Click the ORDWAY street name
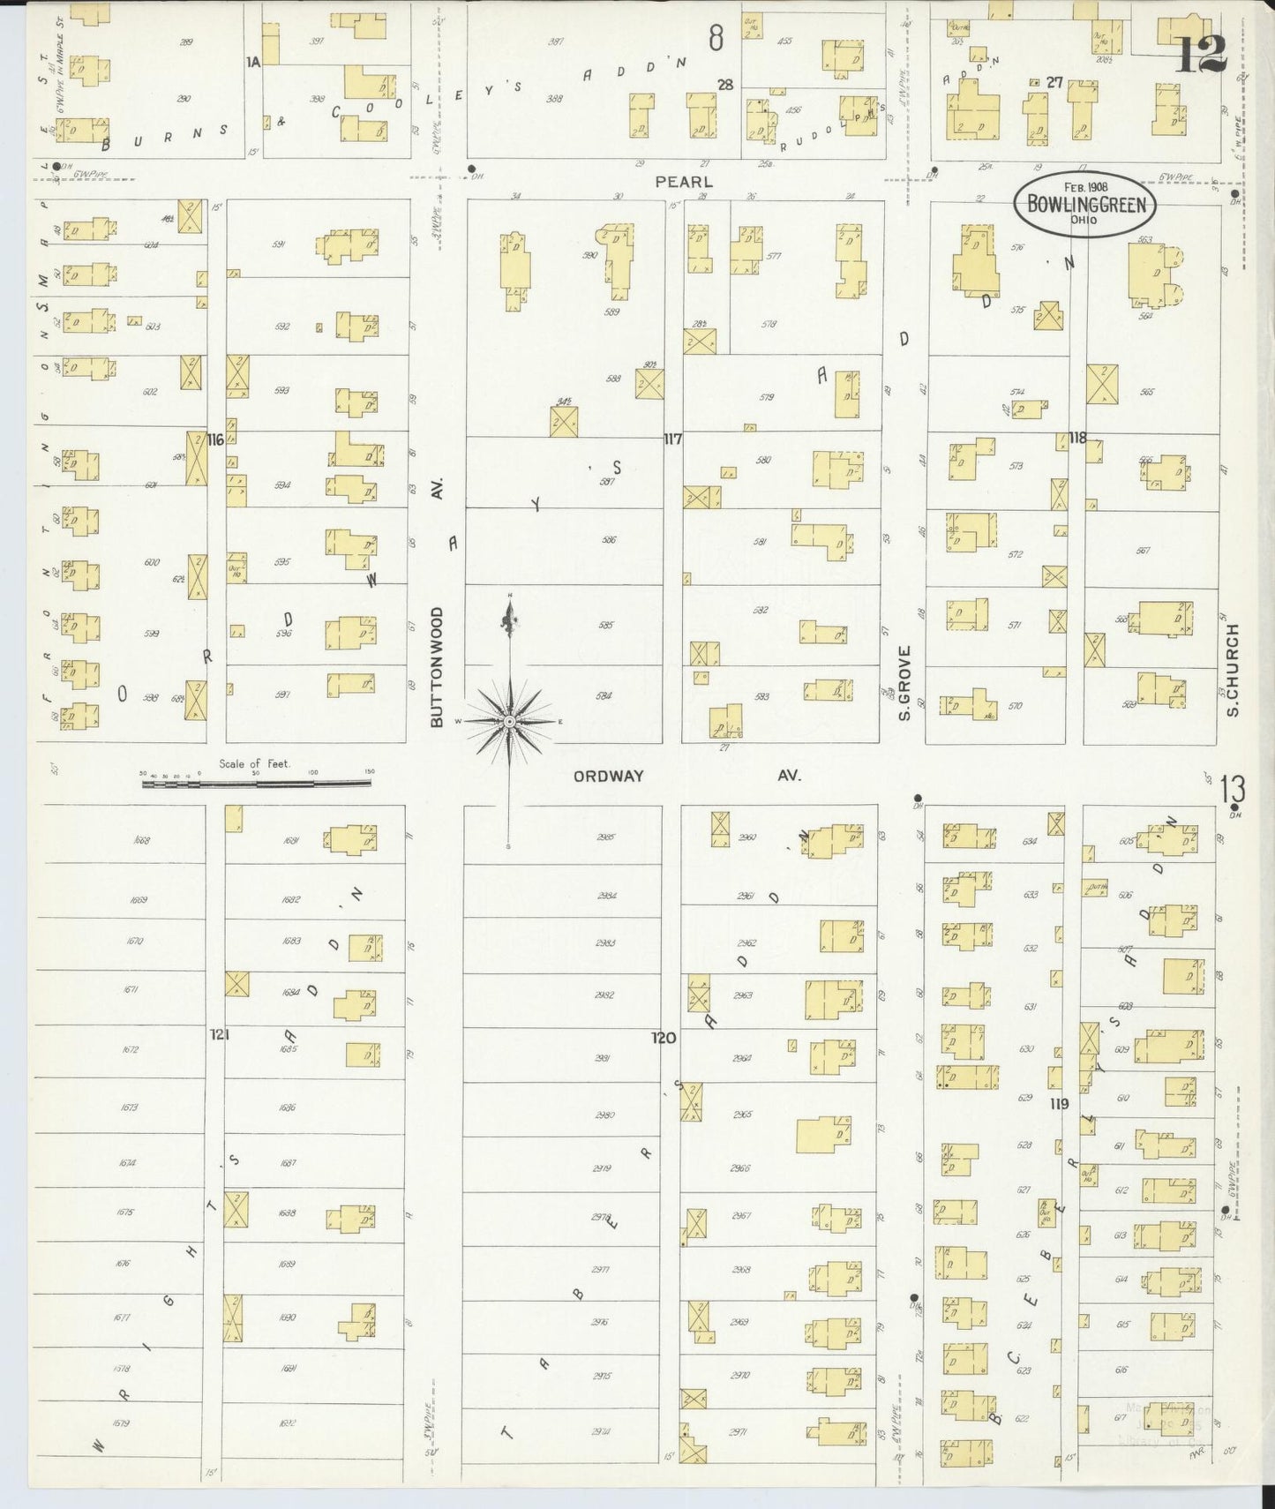pyautogui.click(x=608, y=776)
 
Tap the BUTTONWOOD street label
pyautogui.click(x=436, y=667)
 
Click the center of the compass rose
pyautogui.click(x=509, y=722)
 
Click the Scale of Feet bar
pyautogui.click(x=257, y=781)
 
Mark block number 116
pyautogui.click(x=215, y=439)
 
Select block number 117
pyautogui.click(x=672, y=439)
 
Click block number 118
pyautogui.click(x=1076, y=438)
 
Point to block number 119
pyautogui.click(x=1059, y=1104)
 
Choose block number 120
pyautogui.click(x=664, y=1038)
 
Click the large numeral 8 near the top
pyautogui.click(x=716, y=38)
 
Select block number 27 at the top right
pyautogui.click(x=1054, y=82)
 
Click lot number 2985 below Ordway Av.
pyautogui.click(x=605, y=837)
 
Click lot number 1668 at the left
pyautogui.click(x=140, y=841)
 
